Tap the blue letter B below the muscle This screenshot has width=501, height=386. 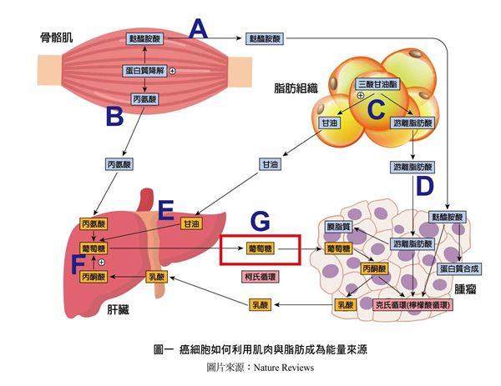[114, 116]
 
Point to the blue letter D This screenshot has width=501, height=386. [425, 185]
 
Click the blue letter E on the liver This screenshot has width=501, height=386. [165, 208]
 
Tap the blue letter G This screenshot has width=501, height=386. [261, 222]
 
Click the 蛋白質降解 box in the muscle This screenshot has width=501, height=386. [146, 72]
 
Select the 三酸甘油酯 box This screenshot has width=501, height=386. [377, 85]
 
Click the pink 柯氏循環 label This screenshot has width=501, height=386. [261, 274]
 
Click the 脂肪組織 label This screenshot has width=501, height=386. [296, 87]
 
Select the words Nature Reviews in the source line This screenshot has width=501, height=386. [286, 367]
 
